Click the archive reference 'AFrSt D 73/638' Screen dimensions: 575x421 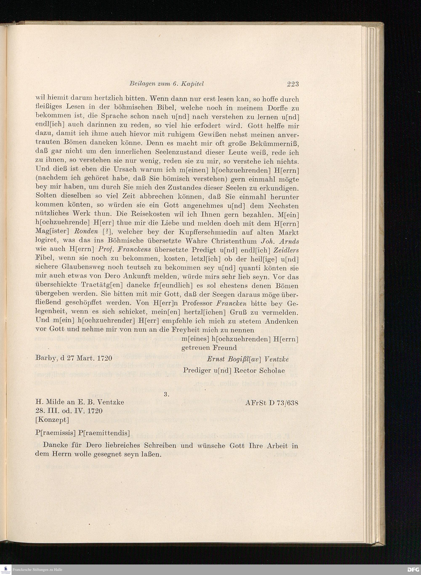click(272, 403)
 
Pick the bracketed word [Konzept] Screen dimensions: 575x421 click(52, 420)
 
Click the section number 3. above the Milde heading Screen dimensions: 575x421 click(167, 394)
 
